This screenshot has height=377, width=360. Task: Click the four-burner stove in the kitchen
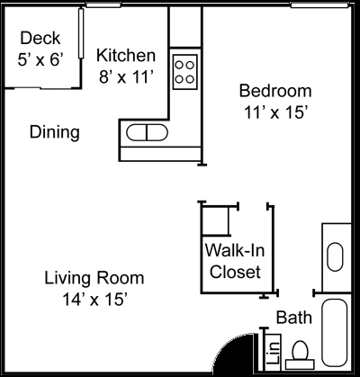pos(185,70)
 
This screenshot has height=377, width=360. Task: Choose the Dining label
pos(54,132)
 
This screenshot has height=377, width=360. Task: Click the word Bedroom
pos(274,91)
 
